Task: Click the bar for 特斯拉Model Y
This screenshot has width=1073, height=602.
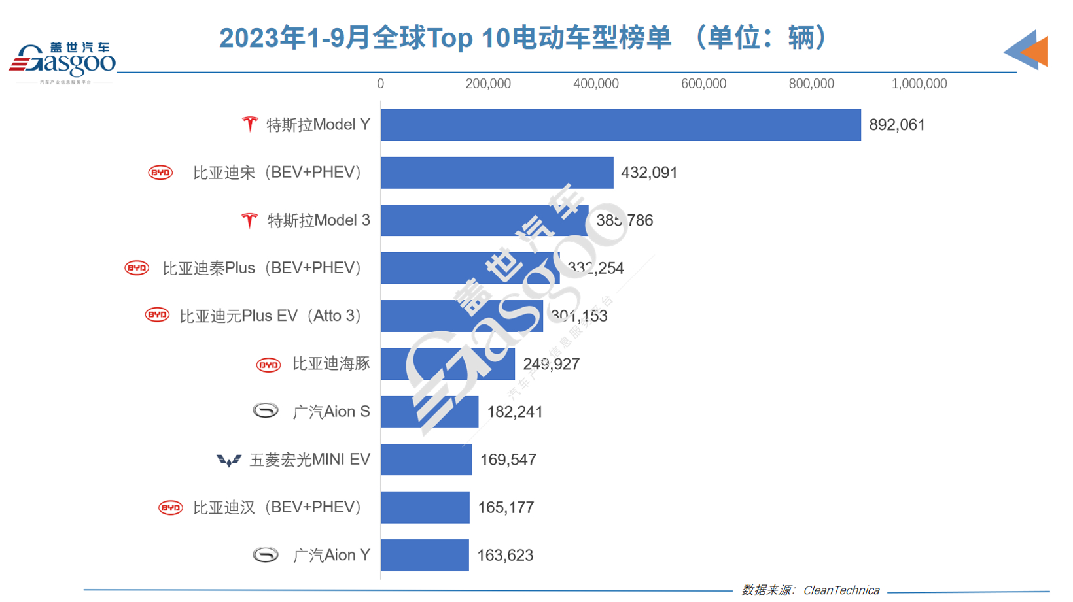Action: (620, 125)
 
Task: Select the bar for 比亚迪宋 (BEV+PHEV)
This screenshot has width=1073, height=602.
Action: (497, 173)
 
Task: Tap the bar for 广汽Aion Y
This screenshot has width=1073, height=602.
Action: (425, 555)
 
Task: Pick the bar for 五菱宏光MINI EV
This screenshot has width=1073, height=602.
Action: (427, 460)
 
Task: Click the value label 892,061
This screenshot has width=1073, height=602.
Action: (897, 125)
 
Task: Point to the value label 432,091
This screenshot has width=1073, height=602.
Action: (649, 173)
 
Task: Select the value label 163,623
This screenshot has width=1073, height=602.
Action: (505, 555)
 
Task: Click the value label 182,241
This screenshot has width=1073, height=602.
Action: (515, 412)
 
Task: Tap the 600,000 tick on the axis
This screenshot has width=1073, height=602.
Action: (703, 84)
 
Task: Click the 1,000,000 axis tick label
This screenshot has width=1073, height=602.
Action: (919, 84)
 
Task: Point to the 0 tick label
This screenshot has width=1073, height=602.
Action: (380, 84)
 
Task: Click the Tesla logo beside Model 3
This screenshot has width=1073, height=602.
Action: (249, 221)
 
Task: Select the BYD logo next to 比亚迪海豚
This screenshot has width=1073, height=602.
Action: (268, 365)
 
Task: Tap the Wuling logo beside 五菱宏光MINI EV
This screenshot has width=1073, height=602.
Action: (228, 461)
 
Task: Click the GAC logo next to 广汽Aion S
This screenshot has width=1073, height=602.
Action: (266, 410)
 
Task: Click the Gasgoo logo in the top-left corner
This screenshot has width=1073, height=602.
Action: (62, 61)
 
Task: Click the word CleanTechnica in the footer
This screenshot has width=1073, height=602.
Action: (841, 590)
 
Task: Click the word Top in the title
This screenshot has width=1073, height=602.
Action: (450, 38)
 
